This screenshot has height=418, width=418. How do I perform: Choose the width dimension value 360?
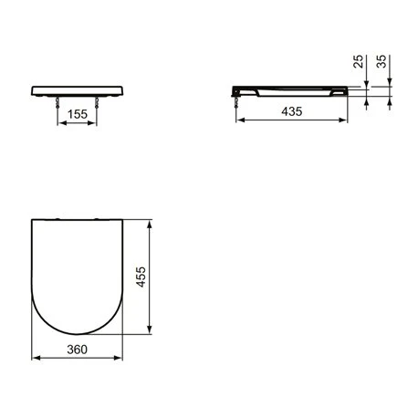pos(78,348)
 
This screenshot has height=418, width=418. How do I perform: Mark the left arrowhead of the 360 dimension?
pos(34,359)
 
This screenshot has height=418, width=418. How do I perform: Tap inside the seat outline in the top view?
pos(78,269)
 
